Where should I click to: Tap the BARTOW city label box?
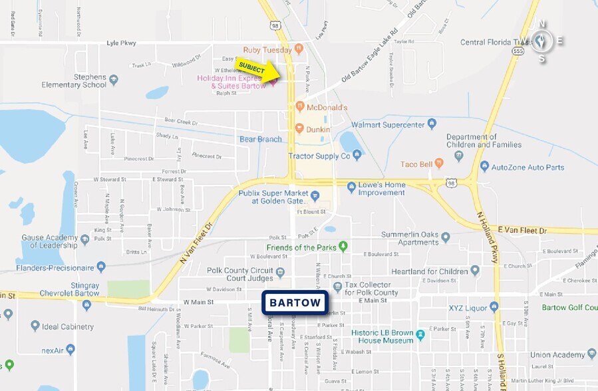point(295,303)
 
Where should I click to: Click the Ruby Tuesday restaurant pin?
point(299,49)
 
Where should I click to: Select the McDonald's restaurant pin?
point(299,106)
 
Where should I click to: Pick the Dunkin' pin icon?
point(299,128)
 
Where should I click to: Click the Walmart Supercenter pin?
point(432,123)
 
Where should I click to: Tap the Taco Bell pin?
point(459,164)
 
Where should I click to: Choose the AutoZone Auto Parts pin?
point(484,166)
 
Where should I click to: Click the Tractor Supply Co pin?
point(357,155)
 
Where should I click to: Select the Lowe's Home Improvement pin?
point(351,188)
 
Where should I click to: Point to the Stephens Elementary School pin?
point(114,80)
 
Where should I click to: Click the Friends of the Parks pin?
point(343,247)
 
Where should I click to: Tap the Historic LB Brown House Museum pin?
point(420,334)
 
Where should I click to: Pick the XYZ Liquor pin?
point(494,307)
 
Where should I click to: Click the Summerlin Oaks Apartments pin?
point(446,237)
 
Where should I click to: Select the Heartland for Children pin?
point(474,271)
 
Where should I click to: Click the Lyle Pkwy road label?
point(121,43)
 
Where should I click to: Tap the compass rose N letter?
point(542,25)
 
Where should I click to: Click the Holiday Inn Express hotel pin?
point(271,83)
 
